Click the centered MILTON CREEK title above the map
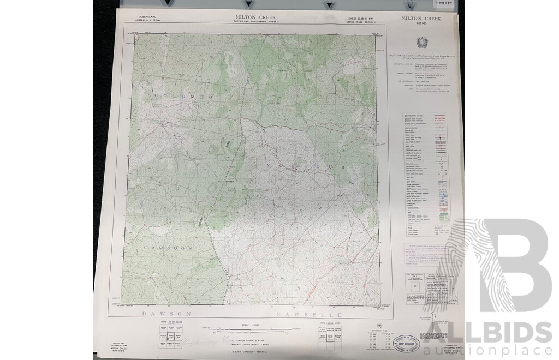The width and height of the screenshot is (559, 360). [251, 17]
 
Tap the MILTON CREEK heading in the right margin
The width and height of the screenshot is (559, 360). [421, 18]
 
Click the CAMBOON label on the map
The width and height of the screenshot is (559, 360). [168, 248]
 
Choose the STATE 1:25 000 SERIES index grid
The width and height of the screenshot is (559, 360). [329, 333]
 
